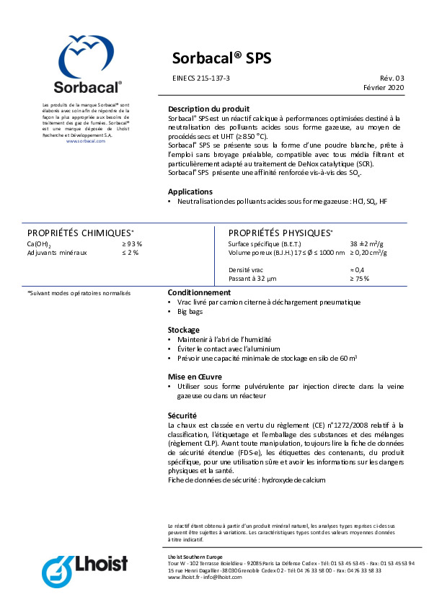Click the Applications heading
coord(190,192)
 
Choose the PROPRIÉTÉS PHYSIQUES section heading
coord(280,233)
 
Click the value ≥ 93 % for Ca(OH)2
coord(131,244)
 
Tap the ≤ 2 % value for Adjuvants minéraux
coord(130,253)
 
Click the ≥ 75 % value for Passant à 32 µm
coord(360,278)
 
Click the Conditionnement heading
coord(199,293)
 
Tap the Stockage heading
coord(183,329)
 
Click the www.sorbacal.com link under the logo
coord(86,141)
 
